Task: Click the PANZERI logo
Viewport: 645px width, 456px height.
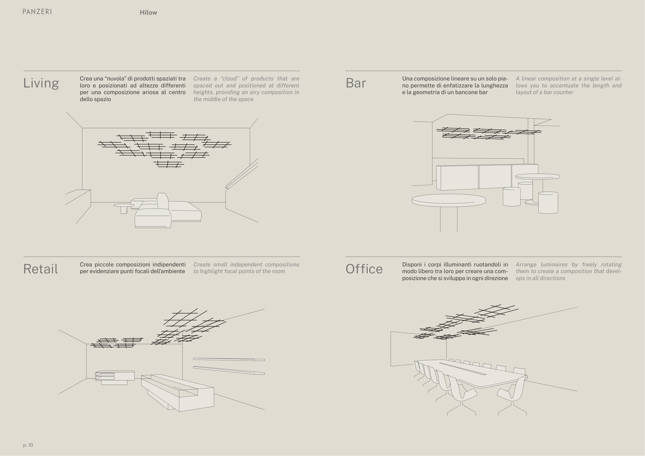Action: [37, 12]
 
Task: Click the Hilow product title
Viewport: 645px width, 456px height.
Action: [148, 13]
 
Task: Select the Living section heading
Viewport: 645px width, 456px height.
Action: [41, 83]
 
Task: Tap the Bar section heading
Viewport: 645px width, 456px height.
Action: [356, 83]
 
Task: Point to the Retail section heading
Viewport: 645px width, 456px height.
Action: [41, 269]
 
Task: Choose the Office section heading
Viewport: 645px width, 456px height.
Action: [364, 269]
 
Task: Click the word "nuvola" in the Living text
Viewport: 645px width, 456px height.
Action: [115, 79]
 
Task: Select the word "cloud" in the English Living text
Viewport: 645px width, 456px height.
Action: [230, 79]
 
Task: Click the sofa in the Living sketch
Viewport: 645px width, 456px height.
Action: [168, 212]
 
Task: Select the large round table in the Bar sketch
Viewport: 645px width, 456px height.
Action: [449, 200]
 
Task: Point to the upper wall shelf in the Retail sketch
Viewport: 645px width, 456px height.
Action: [229, 359]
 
